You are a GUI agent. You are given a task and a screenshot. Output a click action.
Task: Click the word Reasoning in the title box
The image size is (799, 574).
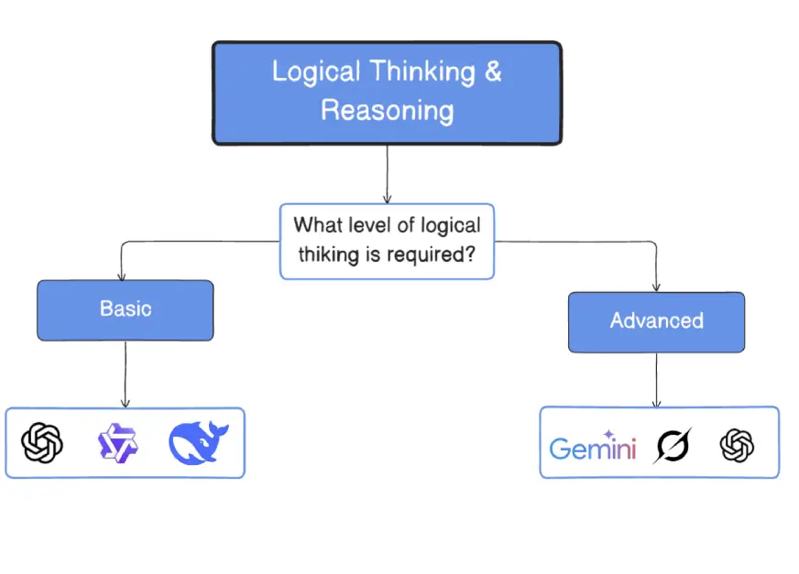pyautogui.click(x=388, y=112)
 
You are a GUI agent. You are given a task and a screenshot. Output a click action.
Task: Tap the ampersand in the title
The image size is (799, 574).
pyautogui.click(x=493, y=70)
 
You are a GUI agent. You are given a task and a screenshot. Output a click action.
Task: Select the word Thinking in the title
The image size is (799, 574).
pyautogui.click(x=422, y=71)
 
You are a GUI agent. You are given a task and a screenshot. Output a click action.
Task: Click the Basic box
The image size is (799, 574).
pyautogui.click(x=126, y=310)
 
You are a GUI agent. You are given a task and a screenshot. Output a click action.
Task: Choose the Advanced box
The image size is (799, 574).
pyautogui.click(x=656, y=322)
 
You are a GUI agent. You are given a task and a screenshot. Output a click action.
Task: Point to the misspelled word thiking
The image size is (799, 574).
pyautogui.click(x=329, y=255)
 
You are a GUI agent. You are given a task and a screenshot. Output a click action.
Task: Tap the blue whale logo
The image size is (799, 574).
pyautogui.click(x=198, y=442)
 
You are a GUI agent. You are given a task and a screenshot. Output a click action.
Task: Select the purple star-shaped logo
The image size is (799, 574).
pyautogui.click(x=117, y=443)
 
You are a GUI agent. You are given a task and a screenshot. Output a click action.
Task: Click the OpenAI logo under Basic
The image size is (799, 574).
pyautogui.click(x=42, y=442)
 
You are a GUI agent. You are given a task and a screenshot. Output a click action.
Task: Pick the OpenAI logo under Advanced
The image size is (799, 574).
pyautogui.click(x=737, y=445)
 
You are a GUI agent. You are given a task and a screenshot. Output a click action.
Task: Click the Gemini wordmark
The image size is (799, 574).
pyautogui.click(x=593, y=448)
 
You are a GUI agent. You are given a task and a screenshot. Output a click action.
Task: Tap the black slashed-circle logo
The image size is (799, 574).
pyautogui.click(x=673, y=445)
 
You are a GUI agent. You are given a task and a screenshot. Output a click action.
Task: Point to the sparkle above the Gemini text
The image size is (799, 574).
pyautogui.click(x=608, y=435)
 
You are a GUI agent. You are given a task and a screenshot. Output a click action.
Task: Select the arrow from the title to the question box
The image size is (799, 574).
pyautogui.click(x=388, y=174)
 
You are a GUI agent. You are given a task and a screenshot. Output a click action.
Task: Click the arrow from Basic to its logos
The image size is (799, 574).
pyautogui.click(x=126, y=374)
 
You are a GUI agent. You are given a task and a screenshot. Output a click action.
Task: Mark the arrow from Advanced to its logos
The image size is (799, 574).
pyautogui.click(x=656, y=379)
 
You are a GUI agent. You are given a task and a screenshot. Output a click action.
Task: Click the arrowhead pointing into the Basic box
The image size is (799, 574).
pyautogui.click(x=121, y=277)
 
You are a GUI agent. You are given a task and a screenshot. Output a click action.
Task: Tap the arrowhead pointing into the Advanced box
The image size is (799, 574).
pyautogui.click(x=656, y=288)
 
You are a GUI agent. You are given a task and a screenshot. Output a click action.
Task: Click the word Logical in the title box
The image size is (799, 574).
pyautogui.click(x=316, y=71)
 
